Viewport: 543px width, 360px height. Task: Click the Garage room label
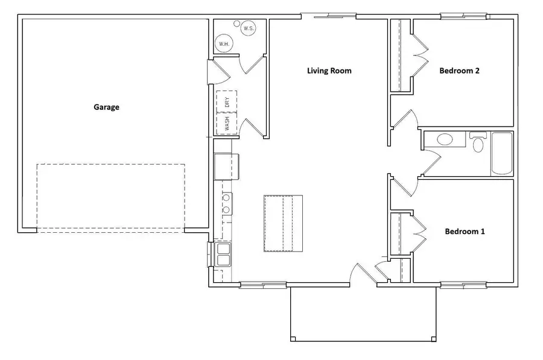[106, 107]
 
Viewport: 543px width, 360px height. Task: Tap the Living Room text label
[329, 71]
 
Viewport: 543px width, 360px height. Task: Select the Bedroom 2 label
[459, 71]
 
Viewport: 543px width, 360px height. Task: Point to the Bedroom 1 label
[465, 231]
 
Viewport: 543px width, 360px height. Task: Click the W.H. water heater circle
[223, 43]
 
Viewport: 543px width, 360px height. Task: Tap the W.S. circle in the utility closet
[248, 28]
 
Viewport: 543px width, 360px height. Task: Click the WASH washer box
[227, 124]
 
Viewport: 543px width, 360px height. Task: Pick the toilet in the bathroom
[480, 144]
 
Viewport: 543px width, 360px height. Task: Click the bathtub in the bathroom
[502, 154]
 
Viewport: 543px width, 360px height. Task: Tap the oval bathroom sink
[445, 140]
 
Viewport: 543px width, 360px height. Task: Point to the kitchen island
[283, 223]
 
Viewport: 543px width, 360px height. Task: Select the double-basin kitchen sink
[223, 254]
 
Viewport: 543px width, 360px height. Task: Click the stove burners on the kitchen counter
[227, 203]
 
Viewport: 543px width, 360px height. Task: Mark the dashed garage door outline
[110, 197]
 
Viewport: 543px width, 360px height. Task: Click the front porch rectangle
[363, 314]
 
